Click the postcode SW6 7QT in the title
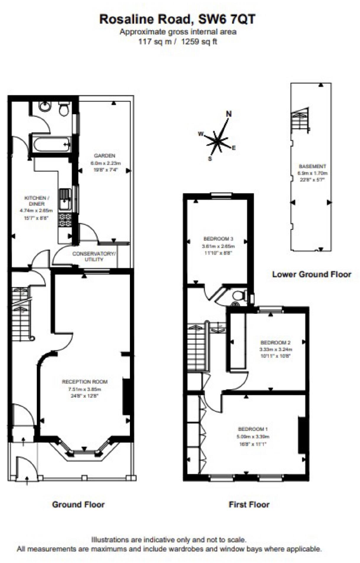click(226, 20)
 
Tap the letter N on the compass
click(228, 114)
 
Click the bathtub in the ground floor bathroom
click(51, 145)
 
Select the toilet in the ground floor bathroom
click(64, 109)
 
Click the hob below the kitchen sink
click(65, 220)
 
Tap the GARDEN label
click(104, 156)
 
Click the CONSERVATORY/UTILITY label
click(94, 257)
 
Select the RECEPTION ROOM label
click(85, 382)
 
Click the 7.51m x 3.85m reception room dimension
click(85, 389)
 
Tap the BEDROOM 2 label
click(275, 343)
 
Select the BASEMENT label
click(312, 166)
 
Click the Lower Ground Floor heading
click(312, 274)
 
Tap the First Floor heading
click(249, 504)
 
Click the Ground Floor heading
click(78, 504)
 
